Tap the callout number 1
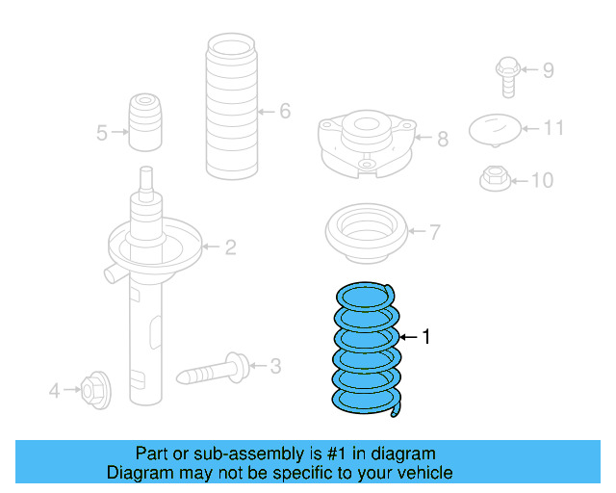(x=426, y=337)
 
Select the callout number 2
(x=230, y=248)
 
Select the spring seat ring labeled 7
(x=367, y=235)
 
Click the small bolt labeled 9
(x=507, y=74)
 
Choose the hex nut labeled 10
(x=494, y=179)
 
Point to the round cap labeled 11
(x=494, y=128)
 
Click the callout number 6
(x=285, y=112)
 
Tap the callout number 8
(x=443, y=140)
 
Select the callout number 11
(x=553, y=127)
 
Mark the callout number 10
(x=543, y=180)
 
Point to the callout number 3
(x=275, y=366)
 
